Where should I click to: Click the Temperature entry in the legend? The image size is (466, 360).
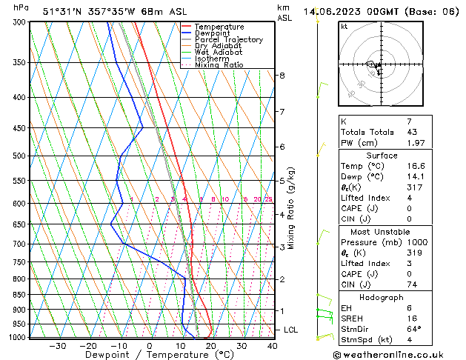tap(223, 27)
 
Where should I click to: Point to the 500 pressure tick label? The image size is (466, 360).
tap(20, 156)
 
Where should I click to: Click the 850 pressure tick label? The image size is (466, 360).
tap(20, 295)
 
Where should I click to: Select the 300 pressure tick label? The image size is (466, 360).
tap(20, 23)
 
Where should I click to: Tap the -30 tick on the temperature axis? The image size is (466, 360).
tap(58, 346)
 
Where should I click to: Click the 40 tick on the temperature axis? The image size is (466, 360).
tap(272, 346)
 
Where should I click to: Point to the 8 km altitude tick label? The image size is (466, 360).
tap(282, 76)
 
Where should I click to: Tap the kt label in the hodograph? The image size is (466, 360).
tap(344, 27)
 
